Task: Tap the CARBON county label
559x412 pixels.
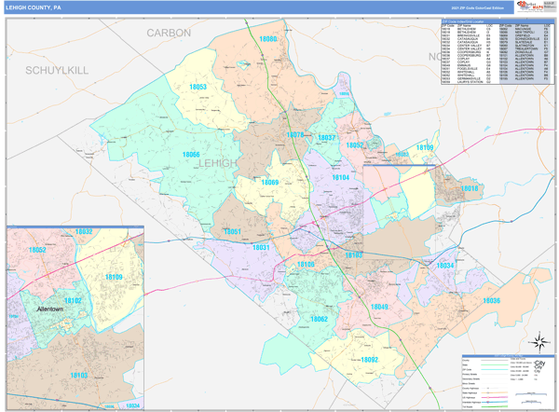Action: [x=169, y=33]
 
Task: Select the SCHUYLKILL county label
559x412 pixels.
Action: [x=56, y=70]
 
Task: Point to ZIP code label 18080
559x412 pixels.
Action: [x=267, y=40]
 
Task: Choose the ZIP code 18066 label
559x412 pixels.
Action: [x=190, y=154]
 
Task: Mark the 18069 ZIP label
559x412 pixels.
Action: [x=269, y=183]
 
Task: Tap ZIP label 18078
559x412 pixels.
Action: [x=294, y=135]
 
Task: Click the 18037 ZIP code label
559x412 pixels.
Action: [x=326, y=138]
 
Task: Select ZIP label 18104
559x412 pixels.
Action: [x=341, y=177]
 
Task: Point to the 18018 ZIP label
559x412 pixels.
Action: [x=469, y=188]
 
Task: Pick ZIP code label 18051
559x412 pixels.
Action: [x=232, y=231]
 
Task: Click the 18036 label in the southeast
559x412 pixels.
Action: [x=491, y=300]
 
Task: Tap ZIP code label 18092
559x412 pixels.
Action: [x=369, y=359]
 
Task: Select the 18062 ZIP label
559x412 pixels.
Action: [x=319, y=319]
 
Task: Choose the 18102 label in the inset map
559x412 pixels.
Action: [x=72, y=300]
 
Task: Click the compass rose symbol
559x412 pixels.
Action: [x=537, y=341]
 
